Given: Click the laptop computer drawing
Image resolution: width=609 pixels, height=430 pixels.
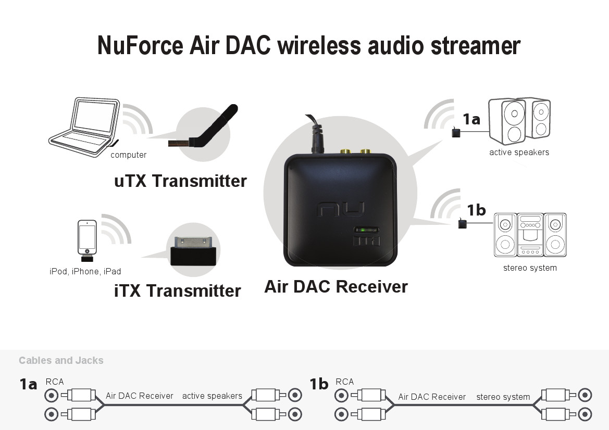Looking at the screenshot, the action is pos(84,127).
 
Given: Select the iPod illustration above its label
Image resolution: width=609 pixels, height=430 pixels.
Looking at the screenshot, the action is pos(87,241).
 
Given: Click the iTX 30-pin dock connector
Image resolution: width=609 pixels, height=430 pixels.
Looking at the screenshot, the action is pos(193,251).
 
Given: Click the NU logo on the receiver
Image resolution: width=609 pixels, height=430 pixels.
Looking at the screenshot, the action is pos(341,210).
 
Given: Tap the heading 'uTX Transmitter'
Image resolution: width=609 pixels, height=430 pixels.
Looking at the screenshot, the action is pos(181,181).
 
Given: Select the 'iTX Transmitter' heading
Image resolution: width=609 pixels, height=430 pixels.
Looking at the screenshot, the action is pos(178,291).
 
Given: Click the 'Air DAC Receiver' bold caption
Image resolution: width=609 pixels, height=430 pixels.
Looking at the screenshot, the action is pos(336,287).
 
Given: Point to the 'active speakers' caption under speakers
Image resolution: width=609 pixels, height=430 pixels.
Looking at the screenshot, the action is pos(519,152).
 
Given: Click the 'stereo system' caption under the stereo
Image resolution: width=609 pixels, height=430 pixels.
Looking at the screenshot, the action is pos(530,268).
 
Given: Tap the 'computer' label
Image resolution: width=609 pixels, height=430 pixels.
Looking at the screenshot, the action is pos(129,155).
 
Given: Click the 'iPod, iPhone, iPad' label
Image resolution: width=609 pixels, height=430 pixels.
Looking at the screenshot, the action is pos(85,271).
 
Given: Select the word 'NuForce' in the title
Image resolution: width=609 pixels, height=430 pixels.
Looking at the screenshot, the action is pos(140,45).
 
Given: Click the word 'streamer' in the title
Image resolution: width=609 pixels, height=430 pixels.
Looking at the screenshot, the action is pos(476,46).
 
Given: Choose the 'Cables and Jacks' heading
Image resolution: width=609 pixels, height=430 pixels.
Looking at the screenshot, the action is pos(61,361).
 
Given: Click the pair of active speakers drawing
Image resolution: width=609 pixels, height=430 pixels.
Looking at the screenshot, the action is pos(519,121).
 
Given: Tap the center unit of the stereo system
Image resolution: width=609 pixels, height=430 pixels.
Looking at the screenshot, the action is pos(530,234).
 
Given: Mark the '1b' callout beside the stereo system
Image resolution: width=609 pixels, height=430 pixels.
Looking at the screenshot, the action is pos(476,210).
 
